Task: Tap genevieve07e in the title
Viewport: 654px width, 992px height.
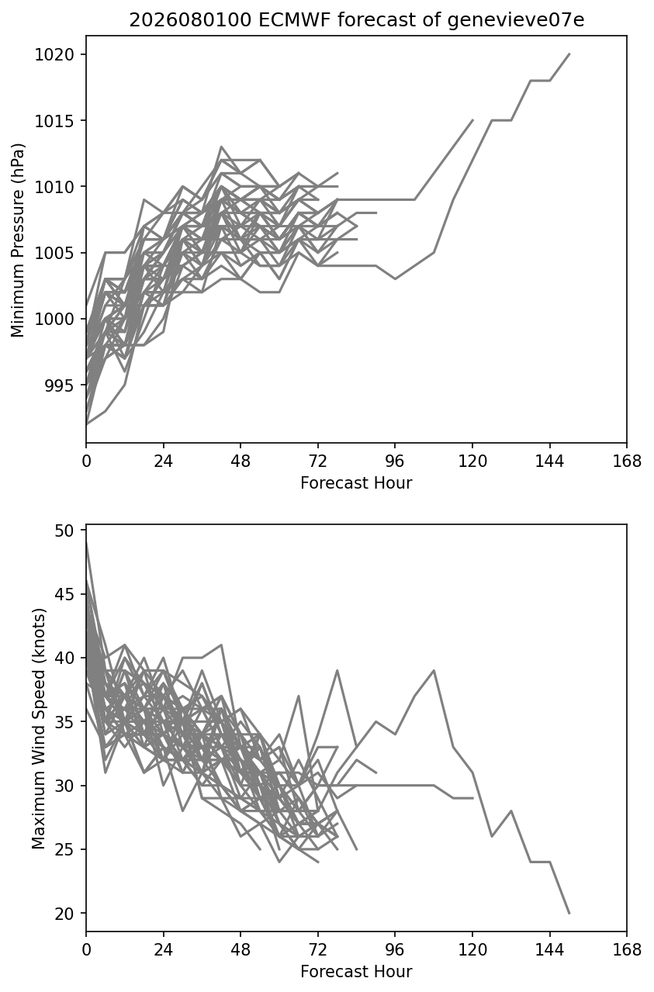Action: coord(515,20)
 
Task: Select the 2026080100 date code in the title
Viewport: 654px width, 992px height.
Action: coord(191,20)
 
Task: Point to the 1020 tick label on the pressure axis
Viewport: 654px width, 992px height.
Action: coord(54,54)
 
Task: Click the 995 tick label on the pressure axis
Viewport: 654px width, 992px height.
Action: coord(60,385)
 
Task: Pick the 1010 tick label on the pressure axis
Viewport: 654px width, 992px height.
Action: coord(54,187)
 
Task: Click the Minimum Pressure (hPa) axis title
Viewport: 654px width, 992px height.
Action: coord(18,240)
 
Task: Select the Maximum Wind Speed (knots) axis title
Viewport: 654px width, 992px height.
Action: coord(39,728)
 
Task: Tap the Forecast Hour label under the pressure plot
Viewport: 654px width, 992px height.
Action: coord(356,482)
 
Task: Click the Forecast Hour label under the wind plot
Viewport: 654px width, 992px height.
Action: coord(356,972)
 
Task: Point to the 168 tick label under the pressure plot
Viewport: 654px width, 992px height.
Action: coord(627,461)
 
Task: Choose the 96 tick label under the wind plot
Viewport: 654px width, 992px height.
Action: coord(395,950)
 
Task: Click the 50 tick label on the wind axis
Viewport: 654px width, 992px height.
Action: coord(64,531)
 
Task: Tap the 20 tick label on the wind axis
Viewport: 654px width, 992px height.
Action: coord(64,914)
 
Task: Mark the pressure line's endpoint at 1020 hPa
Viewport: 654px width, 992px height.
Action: coord(569,54)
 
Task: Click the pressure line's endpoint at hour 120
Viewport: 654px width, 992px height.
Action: coord(472,120)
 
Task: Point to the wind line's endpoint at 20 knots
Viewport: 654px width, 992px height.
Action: coord(569,913)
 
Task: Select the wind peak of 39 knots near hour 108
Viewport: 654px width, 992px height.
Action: coord(434,670)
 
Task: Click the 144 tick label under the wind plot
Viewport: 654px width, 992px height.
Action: coord(549,950)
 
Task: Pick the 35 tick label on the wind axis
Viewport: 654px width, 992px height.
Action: coord(64,722)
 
